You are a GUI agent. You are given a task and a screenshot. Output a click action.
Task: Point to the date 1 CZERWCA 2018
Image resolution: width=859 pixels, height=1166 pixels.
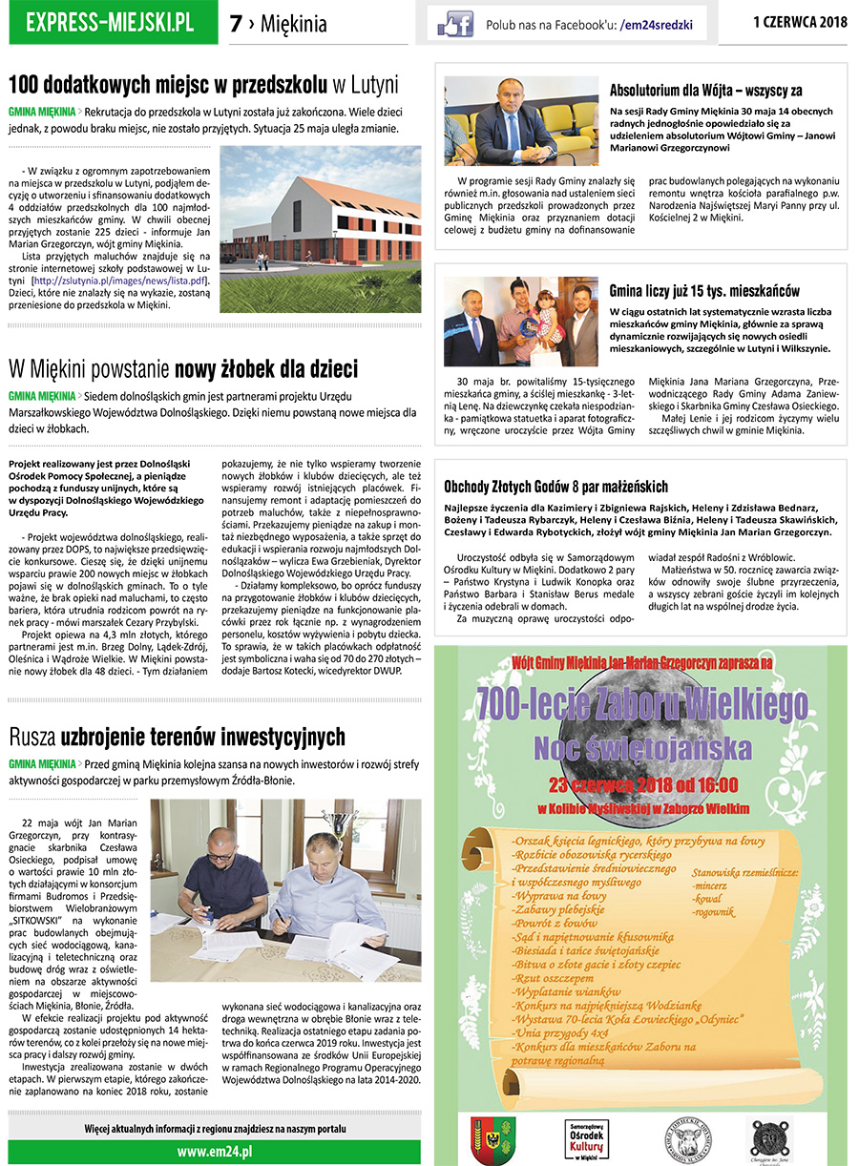pyautogui.click(x=800, y=21)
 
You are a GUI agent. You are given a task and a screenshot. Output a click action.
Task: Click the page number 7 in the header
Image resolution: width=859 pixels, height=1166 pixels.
pyautogui.click(x=236, y=25)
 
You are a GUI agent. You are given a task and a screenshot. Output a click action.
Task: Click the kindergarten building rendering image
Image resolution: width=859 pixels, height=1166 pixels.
pyautogui.click(x=320, y=229)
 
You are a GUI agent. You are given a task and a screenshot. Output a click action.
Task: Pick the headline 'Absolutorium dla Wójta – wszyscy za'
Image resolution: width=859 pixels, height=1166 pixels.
pyautogui.click(x=705, y=91)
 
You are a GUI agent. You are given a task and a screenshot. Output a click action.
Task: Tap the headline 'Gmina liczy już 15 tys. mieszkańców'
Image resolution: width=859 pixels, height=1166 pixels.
pyautogui.click(x=704, y=290)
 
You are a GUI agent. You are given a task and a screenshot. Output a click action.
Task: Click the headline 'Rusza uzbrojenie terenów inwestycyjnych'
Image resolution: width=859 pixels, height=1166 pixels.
pyautogui.click(x=178, y=737)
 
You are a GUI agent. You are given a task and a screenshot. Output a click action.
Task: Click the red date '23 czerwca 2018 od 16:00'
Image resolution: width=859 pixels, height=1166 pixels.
pyautogui.click(x=642, y=786)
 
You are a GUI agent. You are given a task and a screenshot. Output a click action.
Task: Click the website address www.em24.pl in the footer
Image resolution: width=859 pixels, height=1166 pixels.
pyautogui.click(x=214, y=1151)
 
